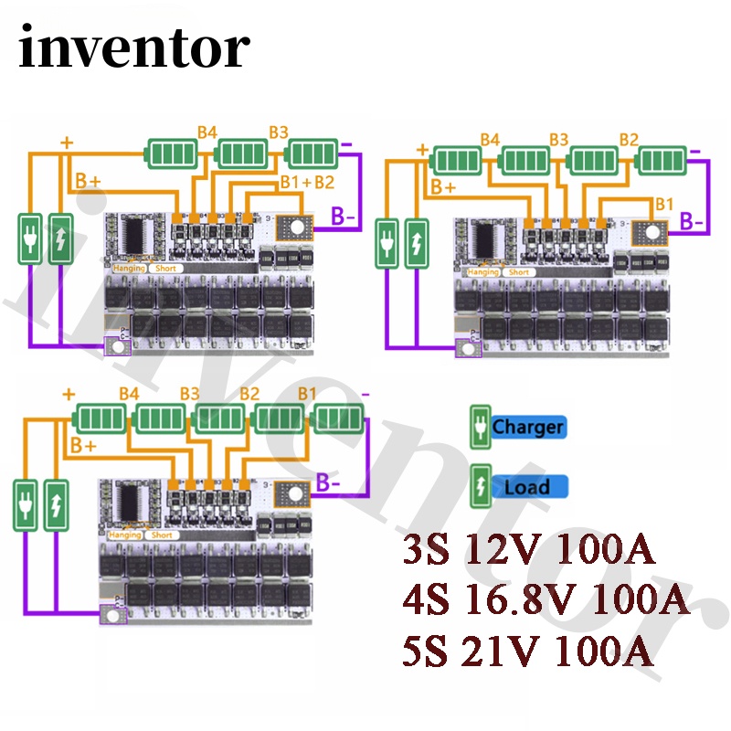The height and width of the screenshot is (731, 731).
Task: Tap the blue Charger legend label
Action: point(527,427)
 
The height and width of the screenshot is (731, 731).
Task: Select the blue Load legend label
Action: point(527,487)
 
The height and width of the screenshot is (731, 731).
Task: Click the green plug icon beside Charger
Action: point(479,427)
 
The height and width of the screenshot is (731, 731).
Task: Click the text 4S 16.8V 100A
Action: point(546,602)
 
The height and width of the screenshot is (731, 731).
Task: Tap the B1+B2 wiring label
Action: point(306,182)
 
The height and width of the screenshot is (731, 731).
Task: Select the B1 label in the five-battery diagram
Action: point(306,395)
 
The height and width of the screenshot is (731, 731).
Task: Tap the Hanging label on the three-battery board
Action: point(127,269)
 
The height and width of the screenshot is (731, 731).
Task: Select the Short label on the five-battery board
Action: point(162,535)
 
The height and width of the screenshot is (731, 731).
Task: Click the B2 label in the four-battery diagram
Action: point(629,140)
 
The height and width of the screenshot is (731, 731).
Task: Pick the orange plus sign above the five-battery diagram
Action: point(68,395)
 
